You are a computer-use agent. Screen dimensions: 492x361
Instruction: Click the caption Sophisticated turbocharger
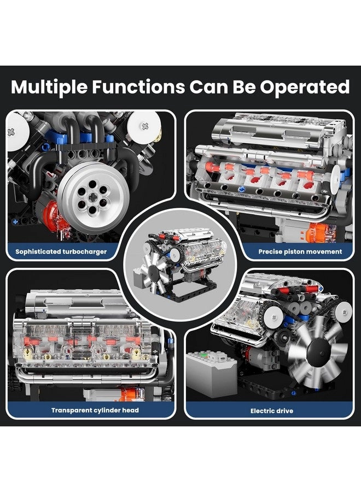(x=61, y=252)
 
